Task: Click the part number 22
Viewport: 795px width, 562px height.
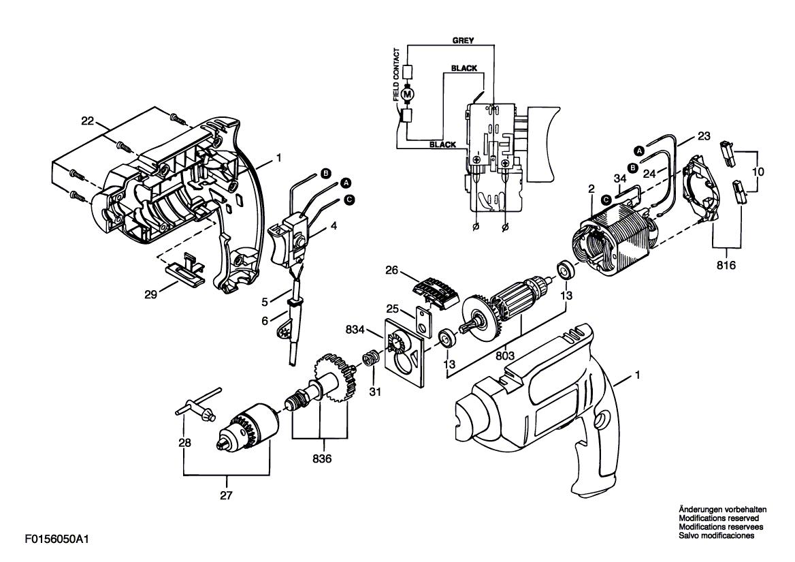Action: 88,121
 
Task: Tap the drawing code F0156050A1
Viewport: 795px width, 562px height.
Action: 56,539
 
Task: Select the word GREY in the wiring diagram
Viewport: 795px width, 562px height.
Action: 463,41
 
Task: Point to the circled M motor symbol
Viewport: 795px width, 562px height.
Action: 408,94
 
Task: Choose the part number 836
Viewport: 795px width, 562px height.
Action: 322,458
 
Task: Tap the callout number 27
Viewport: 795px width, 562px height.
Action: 226,495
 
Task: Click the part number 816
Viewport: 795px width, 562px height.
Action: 726,265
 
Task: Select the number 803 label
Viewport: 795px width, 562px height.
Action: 505,356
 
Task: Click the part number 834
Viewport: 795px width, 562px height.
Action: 355,330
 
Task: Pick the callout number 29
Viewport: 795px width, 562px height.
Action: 150,294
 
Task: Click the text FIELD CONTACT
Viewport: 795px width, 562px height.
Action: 397,74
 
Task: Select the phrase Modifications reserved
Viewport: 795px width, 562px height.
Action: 719,518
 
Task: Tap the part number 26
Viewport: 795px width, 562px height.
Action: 392,270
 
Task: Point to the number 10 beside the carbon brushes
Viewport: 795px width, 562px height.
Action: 758,172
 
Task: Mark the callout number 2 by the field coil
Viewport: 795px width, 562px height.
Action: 591,189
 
